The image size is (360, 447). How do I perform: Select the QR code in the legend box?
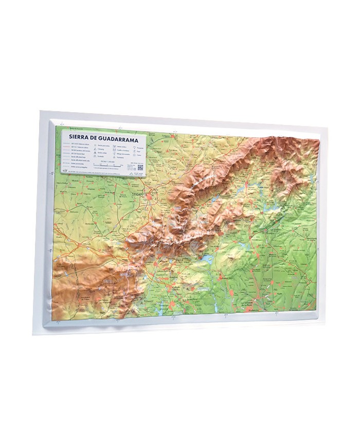click(140, 167)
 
